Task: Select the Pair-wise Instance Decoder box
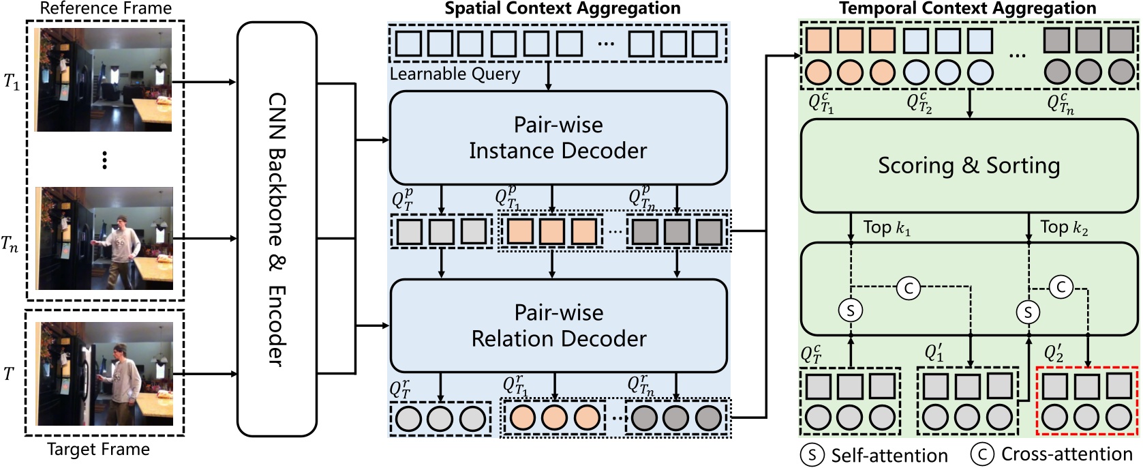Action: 558,138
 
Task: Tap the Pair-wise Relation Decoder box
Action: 558,325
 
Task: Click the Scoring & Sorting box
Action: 969,166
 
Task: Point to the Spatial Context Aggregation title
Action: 562,9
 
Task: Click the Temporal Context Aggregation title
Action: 967,9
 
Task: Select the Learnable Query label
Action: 455,74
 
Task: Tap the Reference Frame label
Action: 106,9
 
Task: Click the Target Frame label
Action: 98,450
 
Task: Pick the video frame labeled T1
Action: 104,79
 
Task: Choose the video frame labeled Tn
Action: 104,238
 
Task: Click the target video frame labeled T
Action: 104,374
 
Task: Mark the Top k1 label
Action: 886,228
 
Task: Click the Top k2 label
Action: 1063,228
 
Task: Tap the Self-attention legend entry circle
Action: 812,455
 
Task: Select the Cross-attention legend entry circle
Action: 982,454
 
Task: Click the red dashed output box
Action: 1086,400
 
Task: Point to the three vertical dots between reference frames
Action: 104,160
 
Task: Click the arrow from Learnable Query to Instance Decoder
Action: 549,76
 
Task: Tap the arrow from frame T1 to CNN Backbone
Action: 204,82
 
